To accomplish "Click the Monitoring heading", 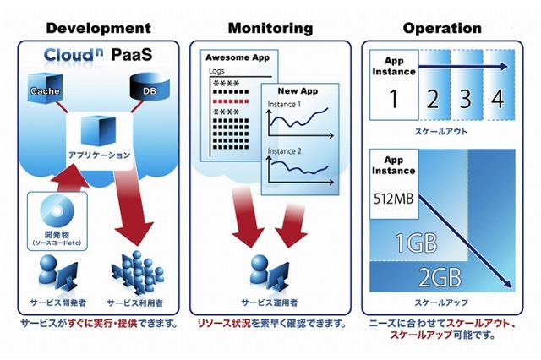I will pyautogui.click(x=270, y=28).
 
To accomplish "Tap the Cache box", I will pyautogui.click(x=43, y=90).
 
